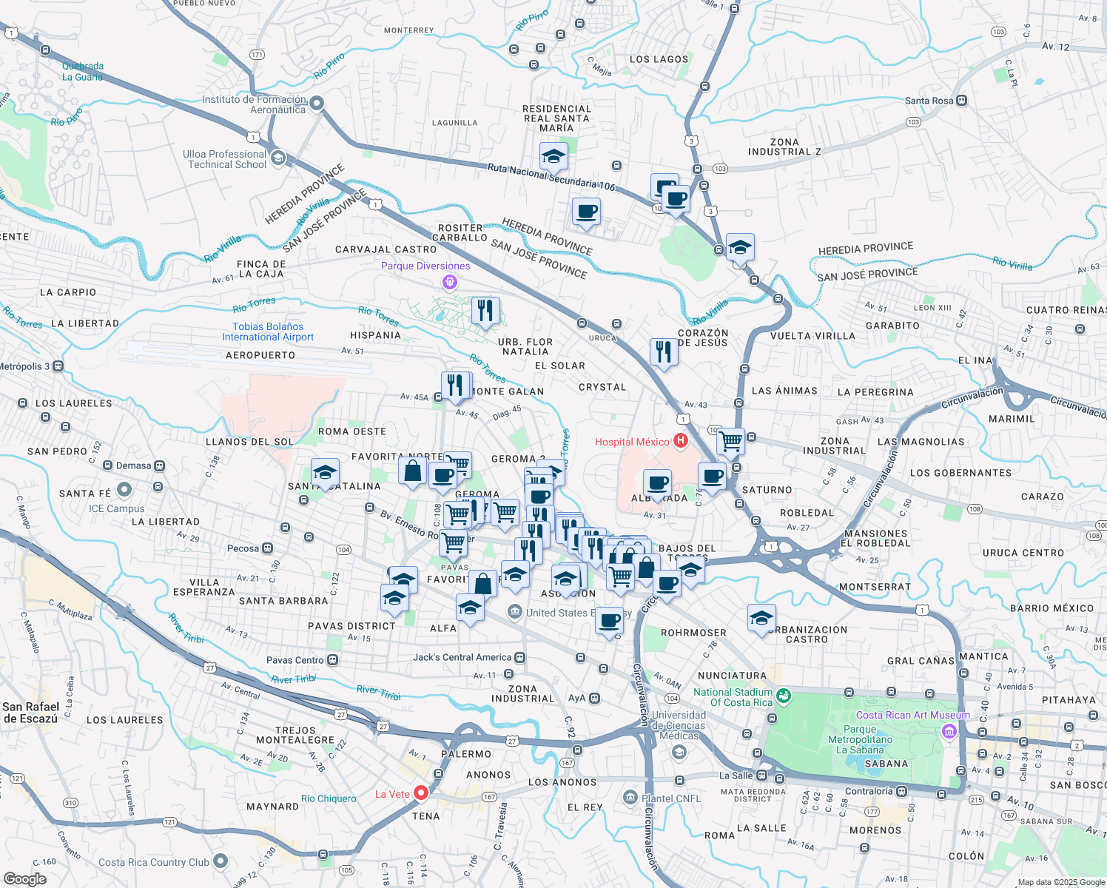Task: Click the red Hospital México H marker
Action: pos(680,441)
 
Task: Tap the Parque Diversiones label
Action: pos(425,266)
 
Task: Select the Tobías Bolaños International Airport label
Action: pos(268,332)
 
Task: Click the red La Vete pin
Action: pos(421,793)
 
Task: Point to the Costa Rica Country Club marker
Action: pos(221,861)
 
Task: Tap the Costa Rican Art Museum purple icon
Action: pos(949,731)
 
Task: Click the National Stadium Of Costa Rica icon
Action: pos(784,696)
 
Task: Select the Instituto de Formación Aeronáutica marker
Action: pos(317,104)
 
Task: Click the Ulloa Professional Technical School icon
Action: pos(278,158)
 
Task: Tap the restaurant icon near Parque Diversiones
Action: pos(485,310)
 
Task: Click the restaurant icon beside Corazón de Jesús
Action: pos(664,351)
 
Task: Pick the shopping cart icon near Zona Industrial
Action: pos(731,442)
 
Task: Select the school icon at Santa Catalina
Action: pos(325,472)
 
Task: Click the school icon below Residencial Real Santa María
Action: pos(553,156)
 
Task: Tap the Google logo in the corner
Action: pos(25,878)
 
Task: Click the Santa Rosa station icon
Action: pos(961,101)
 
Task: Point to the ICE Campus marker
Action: pos(124,489)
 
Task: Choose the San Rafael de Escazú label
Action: pos(30,713)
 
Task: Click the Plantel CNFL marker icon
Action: pos(630,797)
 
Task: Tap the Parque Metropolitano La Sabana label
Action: pos(860,739)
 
